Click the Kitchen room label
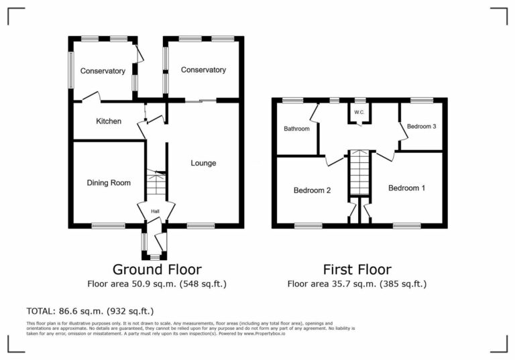[109, 121]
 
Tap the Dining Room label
[109, 182]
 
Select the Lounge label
[203, 163]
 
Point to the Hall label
[155, 212]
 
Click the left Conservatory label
[103, 71]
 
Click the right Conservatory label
[203, 70]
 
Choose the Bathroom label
[296, 129]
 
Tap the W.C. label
[359, 112]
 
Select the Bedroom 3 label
[422, 127]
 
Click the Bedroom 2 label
[312, 190]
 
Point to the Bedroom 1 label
[406, 188]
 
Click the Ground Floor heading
[157, 269]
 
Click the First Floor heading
[357, 269]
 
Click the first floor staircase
[359, 172]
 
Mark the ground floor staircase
[156, 183]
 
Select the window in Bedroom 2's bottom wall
[308, 226]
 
